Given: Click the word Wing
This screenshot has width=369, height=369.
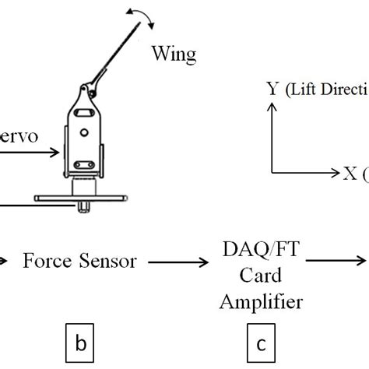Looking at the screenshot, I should click(x=174, y=54).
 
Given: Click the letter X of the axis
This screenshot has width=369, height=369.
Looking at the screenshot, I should click(x=350, y=173).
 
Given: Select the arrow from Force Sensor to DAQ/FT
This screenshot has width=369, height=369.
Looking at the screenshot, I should click(x=178, y=262).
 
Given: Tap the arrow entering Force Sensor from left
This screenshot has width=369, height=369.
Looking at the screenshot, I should click(x=5, y=262).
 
